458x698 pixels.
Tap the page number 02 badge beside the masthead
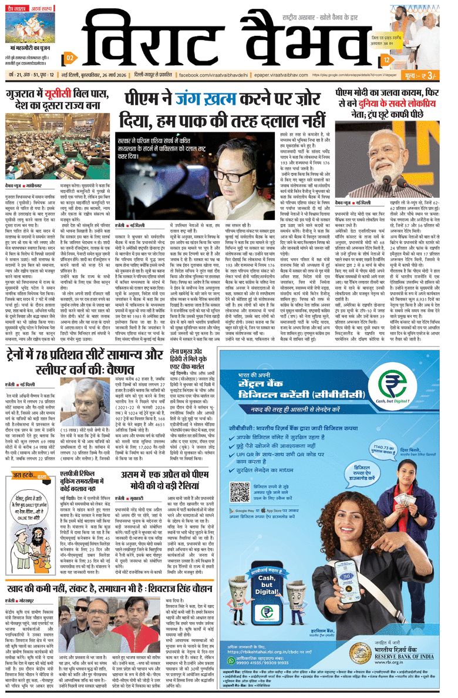tap(69, 58)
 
